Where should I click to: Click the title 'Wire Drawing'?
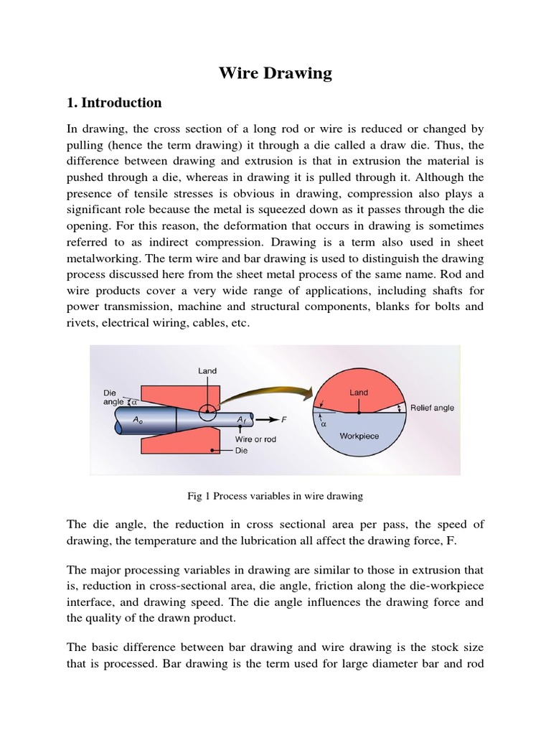coord(275,72)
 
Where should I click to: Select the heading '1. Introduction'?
coord(114,103)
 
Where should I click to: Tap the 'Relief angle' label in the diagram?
coord(432,408)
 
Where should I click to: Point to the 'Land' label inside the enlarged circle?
coord(359,393)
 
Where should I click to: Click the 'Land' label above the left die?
coord(207,371)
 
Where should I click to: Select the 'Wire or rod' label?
coord(255,439)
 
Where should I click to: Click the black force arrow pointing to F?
coord(267,418)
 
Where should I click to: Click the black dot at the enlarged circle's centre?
coord(359,413)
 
